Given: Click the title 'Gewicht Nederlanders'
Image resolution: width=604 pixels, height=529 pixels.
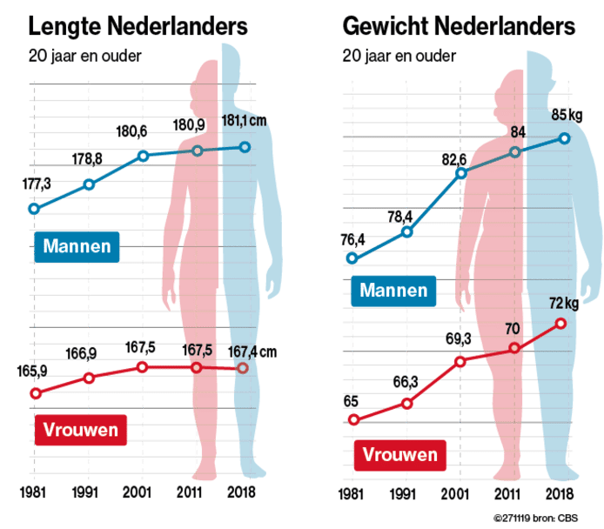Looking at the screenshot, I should pyautogui.click(x=459, y=26).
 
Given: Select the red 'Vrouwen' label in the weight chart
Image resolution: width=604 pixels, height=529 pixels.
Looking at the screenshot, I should pyautogui.click(x=399, y=454).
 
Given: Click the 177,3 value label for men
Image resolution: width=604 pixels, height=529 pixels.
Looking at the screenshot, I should pyautogui.click(x=34, y=184).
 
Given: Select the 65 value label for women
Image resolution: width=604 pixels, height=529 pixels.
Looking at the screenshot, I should pyautogui.click(x=352, y=401).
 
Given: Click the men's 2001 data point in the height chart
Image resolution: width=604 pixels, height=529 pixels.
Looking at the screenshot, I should pyautogui.click(x=144, y=156).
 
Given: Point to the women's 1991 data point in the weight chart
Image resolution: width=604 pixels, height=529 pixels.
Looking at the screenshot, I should pyautogui.click(x=406, y=402).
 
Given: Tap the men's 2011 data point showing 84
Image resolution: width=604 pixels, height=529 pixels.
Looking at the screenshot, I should pyautogui.click(x=515, y=152).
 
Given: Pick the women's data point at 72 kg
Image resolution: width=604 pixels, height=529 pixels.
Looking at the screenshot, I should pyautogui.click(x=561, y=323).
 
